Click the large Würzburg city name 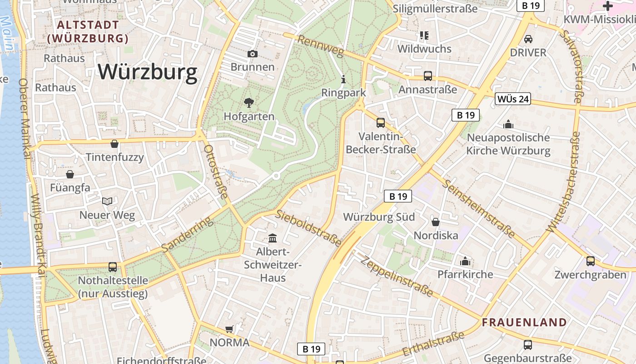(x=148, y=72)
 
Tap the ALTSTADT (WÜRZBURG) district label (x=88, y=32)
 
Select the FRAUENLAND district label (x=524, y=323)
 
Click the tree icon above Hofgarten (x=249, y=103)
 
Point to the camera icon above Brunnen (x=253, y=54)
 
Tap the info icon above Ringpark (x=343, y=80)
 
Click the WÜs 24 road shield (x=513, y=99)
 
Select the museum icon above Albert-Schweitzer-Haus (x=273, y=238)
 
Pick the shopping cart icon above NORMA (x=229, y=329)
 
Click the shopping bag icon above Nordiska (x=435, y=222)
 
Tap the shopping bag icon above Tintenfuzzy (x=114, y=144)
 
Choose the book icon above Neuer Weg (x=107, y=201)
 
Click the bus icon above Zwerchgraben (x=590, y=261)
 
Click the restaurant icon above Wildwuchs (x=424, y=35)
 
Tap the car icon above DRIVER (x=528, y=39)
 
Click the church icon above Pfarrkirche (x=465, y=261)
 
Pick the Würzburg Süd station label (x=379, y=217)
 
